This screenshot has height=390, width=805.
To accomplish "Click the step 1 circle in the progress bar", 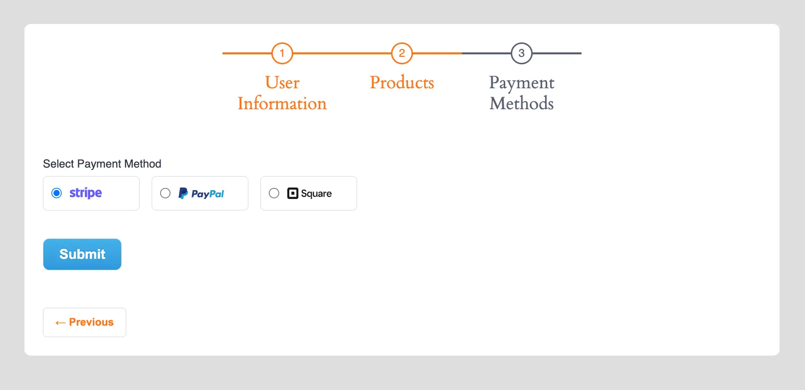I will click(x=282, y=53).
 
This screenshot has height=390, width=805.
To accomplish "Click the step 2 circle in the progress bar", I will click(x=402, y=53).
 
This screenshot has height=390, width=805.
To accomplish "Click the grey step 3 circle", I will click(x=522, y=53).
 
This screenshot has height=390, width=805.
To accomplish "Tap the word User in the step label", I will click(x=282, y=83).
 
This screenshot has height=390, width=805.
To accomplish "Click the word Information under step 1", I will click(x=282, y=104).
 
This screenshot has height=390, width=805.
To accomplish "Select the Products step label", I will click(x=402, y=83).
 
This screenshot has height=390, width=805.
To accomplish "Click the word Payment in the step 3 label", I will click(x=522, y=83).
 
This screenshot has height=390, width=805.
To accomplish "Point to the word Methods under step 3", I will click(x=522, y=104).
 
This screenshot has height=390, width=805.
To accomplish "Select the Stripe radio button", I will click(x=57, y=193).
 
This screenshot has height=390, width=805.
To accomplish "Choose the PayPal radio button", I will click(x=165, y=193).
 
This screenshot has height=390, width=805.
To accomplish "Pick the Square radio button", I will click(x=274, y=193).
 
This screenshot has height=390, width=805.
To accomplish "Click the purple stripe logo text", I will click(x=86, y=193).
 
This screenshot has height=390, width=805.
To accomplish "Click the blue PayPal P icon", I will click(x=183, y=193).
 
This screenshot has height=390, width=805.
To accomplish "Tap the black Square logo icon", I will click(x=293, y=193).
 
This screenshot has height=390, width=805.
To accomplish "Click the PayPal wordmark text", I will click(x=208, y=194).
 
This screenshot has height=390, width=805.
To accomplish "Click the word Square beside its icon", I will click(x=316, y=194).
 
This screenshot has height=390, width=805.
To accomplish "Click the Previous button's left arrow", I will click(x=60, y=323).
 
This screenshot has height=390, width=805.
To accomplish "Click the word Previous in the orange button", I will click(x=91, y=322).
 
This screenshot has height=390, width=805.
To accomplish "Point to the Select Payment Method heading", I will click(x=102, y=164).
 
